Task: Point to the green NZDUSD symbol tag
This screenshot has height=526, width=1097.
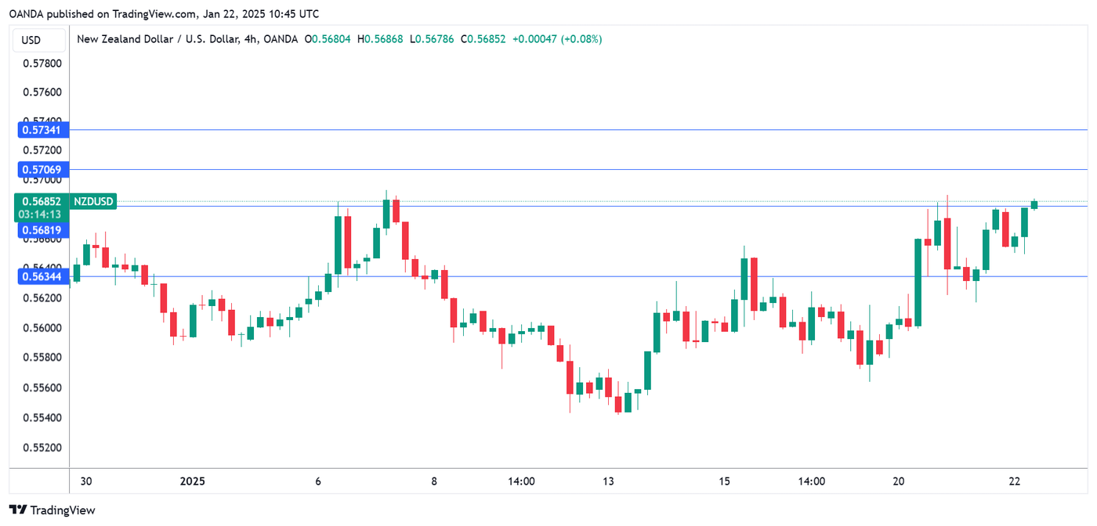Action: coord(94,202)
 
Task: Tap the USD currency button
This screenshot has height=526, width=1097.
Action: coord(31,40)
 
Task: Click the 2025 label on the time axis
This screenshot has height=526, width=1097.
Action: coord(193,481)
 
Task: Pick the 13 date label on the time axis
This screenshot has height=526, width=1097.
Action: coord(608,481)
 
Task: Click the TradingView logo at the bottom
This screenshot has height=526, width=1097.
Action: coord(52,510)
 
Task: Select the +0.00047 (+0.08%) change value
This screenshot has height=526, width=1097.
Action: coord(556,39)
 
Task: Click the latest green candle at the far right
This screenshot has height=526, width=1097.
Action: coord(1034,205)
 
